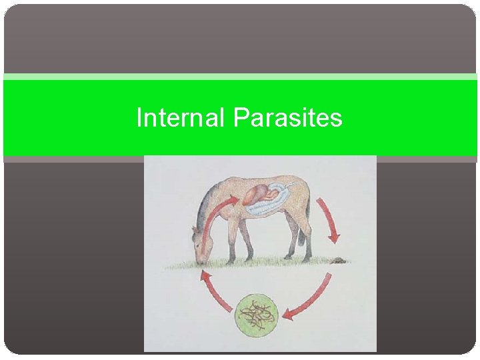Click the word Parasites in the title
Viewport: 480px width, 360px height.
(288, 118)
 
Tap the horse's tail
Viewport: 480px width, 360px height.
(308, 227)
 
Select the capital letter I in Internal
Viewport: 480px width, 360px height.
(139, 118)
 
